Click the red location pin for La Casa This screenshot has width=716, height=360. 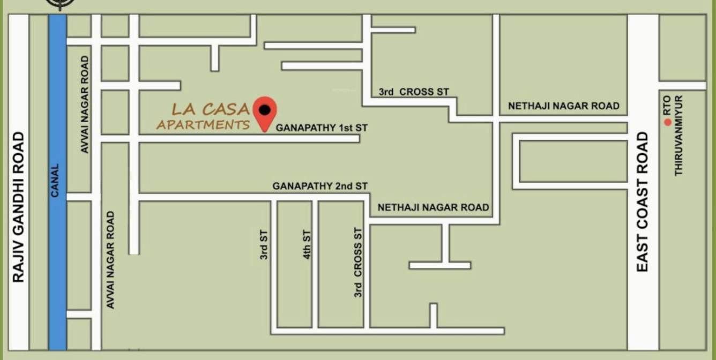point(265,111)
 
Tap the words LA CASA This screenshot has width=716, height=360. point(211,109)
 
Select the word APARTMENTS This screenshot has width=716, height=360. point(203,125)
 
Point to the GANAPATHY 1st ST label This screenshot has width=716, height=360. point(322,129)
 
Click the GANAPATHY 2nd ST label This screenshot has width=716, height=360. point(320,186)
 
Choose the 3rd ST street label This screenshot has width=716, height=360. point(264,244)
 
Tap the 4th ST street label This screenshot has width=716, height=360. point(307,244)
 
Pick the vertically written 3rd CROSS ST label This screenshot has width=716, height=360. point(358,262)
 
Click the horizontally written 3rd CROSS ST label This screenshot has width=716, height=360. point(414,92)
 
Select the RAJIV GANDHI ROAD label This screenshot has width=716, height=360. point(19,207)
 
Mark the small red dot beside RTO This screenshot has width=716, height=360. point(668,122)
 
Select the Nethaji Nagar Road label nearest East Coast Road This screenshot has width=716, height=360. point(563,106)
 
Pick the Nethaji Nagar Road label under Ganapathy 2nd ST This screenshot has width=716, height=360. point(433,207)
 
